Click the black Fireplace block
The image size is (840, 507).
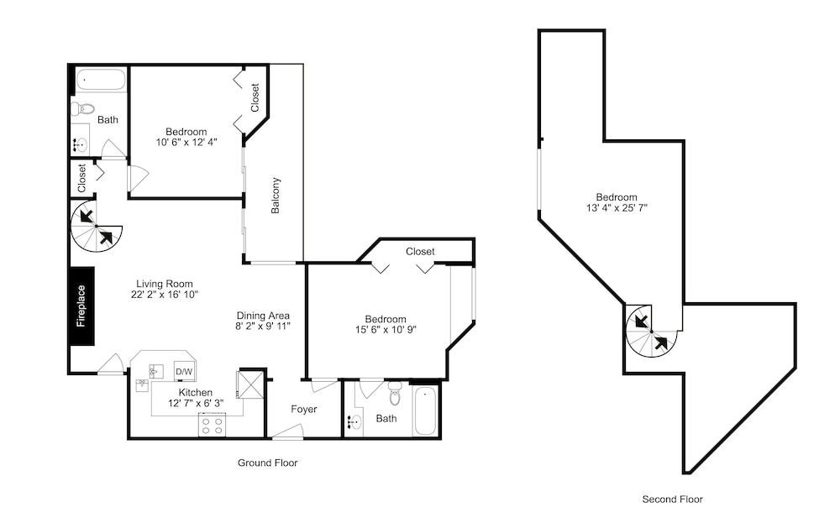(x=82, y=306)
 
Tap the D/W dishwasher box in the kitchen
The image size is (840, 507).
(x=184, y=371)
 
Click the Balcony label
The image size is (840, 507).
(x=276, y=196)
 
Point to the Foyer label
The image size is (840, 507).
(x=304, y=409)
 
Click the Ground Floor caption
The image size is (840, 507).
(x=267, y=463)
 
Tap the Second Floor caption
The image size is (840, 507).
(x=672, y=499)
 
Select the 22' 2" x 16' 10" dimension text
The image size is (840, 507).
(x=165, y=294)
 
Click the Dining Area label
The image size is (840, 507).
(x=263, y=316)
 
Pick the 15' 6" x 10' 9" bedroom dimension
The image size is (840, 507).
(x=386, y=330)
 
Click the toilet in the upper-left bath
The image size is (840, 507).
(x=82, y=108)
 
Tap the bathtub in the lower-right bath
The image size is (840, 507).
(x=426, y=410)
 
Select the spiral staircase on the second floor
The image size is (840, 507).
(x=652, y=332)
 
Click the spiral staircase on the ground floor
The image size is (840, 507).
(x=97, y=227)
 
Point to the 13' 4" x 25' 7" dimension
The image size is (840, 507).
(x=617, y=207)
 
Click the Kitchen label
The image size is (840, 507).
(x=196, y=393)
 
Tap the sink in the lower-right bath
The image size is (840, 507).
(x=354, y=422)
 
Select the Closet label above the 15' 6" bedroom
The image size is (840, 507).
(x=420, y=251)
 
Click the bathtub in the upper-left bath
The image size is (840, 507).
(x=100, y=81)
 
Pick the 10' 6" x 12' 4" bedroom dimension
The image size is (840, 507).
(x=186, y=142)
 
